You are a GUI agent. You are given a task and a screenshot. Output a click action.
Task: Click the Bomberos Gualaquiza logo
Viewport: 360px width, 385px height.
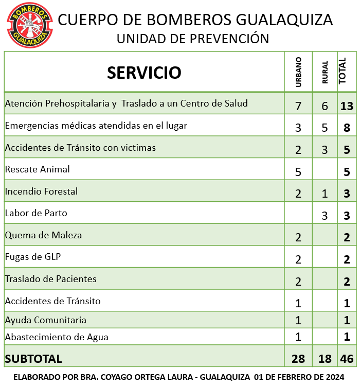[29, 25]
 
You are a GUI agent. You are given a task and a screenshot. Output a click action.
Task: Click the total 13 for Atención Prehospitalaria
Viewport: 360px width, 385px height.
[347, 106]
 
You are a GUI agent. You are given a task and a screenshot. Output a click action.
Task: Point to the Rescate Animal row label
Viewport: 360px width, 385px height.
[37, 169]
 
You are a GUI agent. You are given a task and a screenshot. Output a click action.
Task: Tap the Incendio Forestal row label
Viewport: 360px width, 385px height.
[41, 191]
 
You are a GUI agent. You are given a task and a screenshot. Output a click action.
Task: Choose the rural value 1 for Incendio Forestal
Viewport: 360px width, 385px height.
[325, 194]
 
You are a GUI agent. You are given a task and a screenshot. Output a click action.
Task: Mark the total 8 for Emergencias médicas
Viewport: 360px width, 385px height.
[347, 128]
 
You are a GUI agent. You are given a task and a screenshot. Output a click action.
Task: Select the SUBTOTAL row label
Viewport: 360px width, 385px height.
[33, 359]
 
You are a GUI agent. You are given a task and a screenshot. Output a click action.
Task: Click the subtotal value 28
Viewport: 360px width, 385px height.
[298, 359]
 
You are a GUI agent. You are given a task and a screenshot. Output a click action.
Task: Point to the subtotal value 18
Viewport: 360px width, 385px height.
[325, 359]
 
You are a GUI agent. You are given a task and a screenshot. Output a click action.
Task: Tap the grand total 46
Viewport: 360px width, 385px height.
[347, 359]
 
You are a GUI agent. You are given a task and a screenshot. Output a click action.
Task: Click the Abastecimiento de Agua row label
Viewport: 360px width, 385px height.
[57, 338]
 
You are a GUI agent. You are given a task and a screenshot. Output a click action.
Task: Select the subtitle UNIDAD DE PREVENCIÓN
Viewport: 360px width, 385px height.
[193, 39]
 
